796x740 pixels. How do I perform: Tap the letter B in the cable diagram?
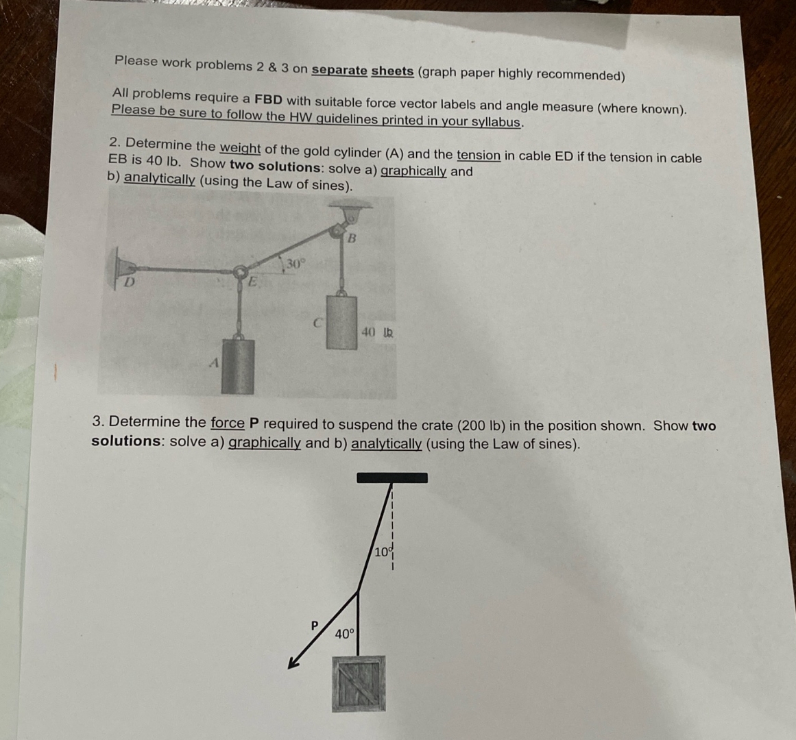(352, 238)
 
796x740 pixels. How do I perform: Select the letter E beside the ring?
(252, 280)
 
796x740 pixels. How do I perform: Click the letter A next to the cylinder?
(214, 363)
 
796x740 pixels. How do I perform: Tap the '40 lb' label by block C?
(377, 333)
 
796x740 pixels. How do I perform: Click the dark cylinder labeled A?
(237, 366)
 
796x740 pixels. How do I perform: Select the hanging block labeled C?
(341, 321)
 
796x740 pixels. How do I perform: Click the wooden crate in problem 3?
(359, 683)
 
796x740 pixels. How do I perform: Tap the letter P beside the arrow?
(315, 625)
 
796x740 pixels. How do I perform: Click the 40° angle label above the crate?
(345, 634)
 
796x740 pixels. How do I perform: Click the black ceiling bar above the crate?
(392, 478)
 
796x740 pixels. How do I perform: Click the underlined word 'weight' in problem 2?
(240, 148)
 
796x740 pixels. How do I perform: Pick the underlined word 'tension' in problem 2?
(479, 156)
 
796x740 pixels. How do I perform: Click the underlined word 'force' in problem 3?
(228, 423)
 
